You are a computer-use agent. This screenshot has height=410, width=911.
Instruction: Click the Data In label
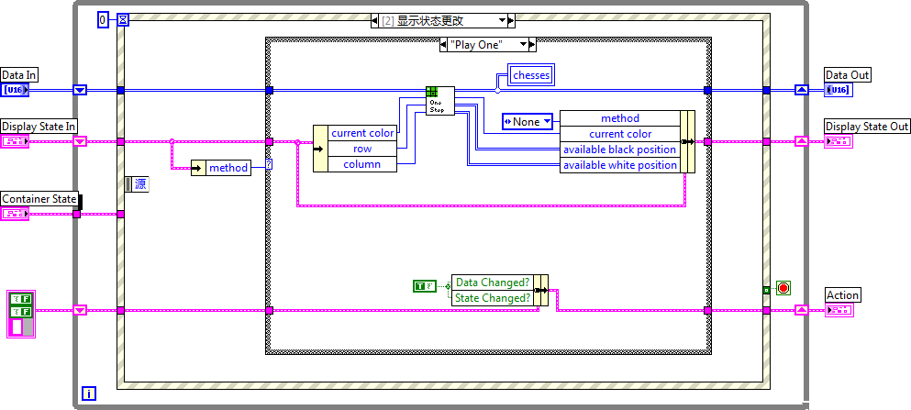coord(19,74)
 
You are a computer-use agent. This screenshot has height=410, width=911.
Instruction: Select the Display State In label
coord(39,126)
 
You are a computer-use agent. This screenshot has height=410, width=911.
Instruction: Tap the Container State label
coord(39,199)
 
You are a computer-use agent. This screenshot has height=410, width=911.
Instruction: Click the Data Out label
coord(847,74)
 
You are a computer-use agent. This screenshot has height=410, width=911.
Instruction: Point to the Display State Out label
coord(867,126)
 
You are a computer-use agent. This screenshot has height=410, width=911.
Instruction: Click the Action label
coord(842,294)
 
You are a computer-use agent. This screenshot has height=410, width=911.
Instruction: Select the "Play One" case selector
coord(487,44)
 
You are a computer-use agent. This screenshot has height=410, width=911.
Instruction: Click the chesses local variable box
coord(532,74)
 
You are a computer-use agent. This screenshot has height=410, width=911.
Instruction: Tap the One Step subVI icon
coord(436,100)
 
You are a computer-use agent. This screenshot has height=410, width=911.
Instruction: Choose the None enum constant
coord(527,121)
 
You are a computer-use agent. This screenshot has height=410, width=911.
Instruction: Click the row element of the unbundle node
coord(362,149)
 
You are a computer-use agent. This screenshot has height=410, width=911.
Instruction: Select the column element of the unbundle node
coord(362,164)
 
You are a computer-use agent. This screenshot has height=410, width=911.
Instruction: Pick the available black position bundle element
coord(619,150)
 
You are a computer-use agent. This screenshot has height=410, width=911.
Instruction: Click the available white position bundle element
coord(619,165)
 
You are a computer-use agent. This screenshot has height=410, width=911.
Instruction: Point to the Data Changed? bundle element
coord(493,283)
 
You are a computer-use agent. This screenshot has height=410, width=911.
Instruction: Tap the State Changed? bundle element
coord(493,297)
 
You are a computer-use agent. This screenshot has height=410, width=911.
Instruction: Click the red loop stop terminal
coord(783,288)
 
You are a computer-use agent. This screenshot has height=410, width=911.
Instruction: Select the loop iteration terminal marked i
coord(88,393)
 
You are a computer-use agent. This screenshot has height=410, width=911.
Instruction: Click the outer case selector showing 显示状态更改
coord(441,19)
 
